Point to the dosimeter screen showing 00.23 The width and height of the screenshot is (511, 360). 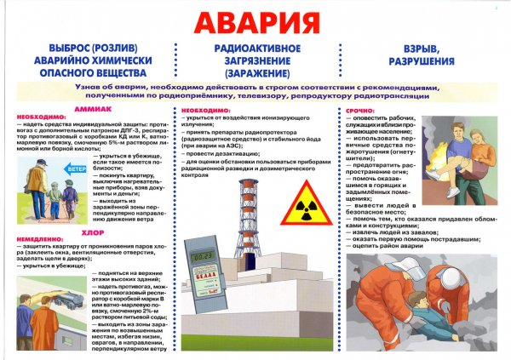[x=202, y=251]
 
